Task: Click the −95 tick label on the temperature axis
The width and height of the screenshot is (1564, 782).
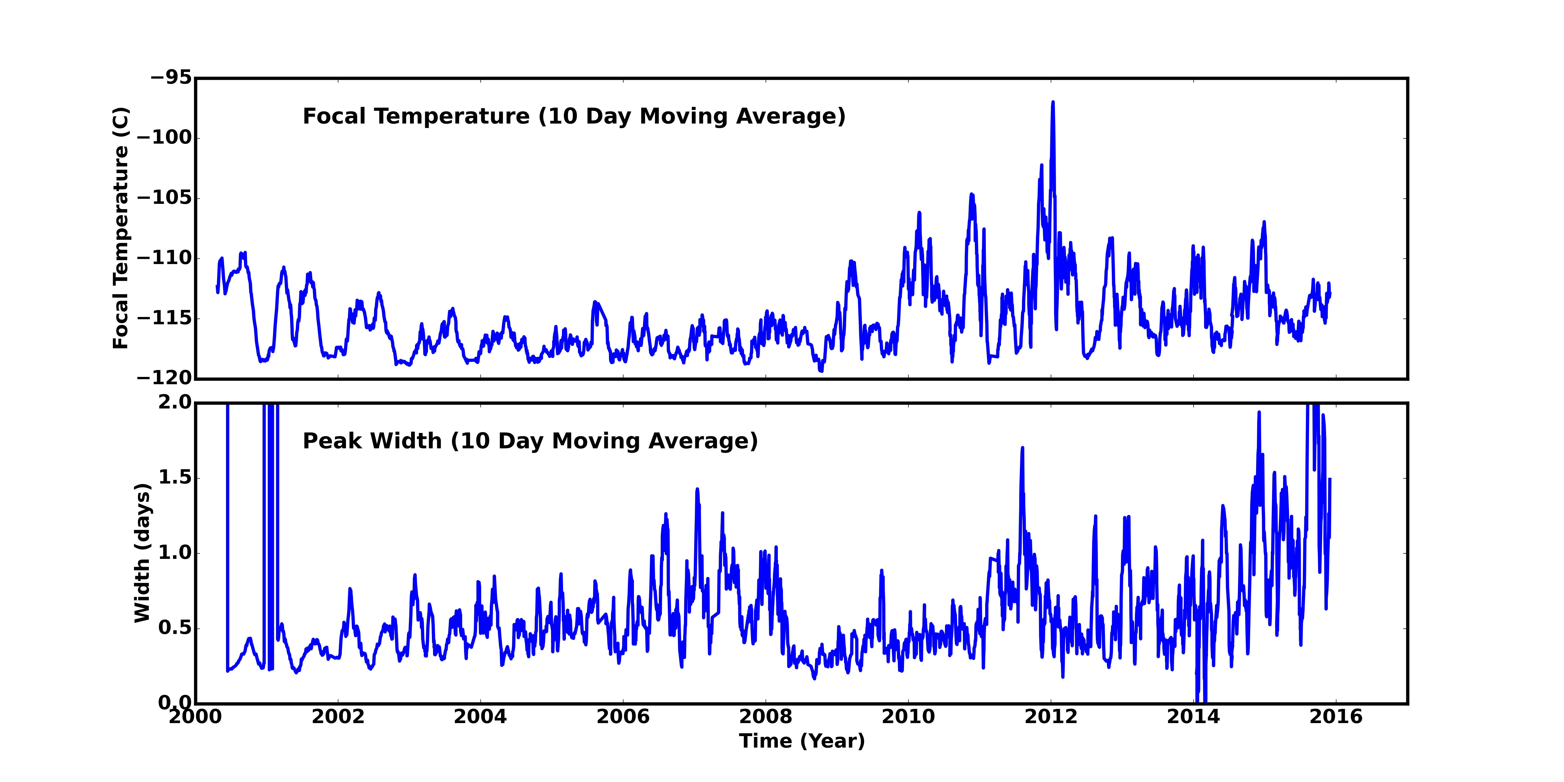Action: pyautogui.click(x=171, y=78)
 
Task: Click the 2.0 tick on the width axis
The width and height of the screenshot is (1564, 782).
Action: pyautogui.click(x=175, y=402)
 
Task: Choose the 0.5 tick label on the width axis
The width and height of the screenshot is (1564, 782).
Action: pyautogui.click(x=175, y=628)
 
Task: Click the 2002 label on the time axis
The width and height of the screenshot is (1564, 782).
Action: pyautogui.click(x=338, y=717)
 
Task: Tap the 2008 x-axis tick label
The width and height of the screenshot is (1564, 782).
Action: pyautogui.click(x=766, y=717)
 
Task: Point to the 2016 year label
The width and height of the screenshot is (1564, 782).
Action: pyautogui.click(x=1336, y=717)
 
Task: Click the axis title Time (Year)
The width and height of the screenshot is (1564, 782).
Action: pyautogui.click(x=802, y=741)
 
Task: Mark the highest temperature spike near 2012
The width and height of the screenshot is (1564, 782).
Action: pyautogui.click(x=1053, y=103)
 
